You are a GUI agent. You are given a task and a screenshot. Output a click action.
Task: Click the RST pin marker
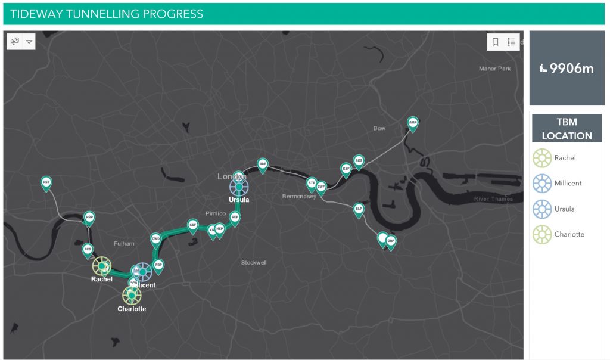coord(46,182)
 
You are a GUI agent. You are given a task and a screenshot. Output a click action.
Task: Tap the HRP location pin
coord(89,218)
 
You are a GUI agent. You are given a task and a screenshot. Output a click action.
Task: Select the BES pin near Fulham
coord(88,249)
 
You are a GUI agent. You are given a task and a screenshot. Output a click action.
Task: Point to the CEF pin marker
coord(192,225)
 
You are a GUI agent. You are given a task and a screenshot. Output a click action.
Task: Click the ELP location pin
coord(358,209)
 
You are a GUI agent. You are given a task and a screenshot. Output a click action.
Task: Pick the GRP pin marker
coord(391,242)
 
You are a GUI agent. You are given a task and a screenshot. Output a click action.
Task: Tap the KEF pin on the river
coord(346,169)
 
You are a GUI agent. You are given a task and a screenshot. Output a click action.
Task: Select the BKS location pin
coord(358,161)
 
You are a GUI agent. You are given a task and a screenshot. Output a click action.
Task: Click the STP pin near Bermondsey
coord(311,182)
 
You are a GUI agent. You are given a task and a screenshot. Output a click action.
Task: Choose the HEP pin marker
coord(219,229)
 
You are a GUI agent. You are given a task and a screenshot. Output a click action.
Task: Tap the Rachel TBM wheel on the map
coord(102,266)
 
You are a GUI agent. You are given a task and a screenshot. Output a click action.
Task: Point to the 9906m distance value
coord(571,68)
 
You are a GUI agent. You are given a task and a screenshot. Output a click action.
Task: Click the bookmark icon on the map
coord(495,42)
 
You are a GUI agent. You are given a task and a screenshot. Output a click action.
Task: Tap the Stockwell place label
coord(254,262)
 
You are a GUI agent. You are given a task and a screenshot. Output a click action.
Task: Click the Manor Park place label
coord(494,69)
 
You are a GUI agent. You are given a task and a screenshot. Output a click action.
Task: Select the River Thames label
coord(493,199)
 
